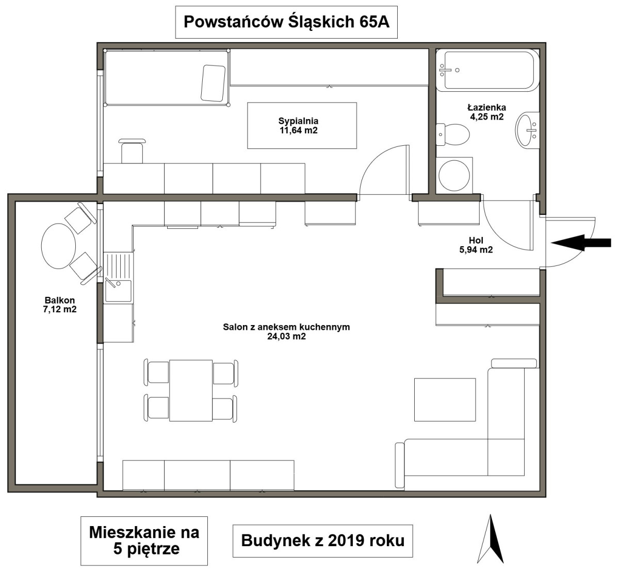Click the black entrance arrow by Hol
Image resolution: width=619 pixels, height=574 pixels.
point(581,243)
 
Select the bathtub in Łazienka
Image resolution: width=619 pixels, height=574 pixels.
point(487,70)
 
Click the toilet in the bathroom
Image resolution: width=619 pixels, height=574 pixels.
point(452,134)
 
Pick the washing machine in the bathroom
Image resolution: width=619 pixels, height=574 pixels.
point(454,175)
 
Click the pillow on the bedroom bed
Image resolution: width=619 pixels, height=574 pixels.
point(213,83)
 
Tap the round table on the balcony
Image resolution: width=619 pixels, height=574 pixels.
point(59,246)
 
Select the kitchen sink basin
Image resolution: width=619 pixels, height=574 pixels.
point(119,291)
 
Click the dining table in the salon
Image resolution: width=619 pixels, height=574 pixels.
point(191,391)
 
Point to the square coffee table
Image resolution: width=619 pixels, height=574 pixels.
point(445,400)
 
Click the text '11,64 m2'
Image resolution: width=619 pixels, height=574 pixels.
point(299,130)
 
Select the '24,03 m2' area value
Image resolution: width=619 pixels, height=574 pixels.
point(286,336)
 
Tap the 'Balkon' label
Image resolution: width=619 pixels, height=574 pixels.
point(60,300)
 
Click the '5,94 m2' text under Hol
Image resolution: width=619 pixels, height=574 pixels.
point(476,249)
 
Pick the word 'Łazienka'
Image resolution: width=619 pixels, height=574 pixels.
point(487,108)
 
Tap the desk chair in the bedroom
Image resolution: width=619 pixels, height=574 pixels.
point(132,151)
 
